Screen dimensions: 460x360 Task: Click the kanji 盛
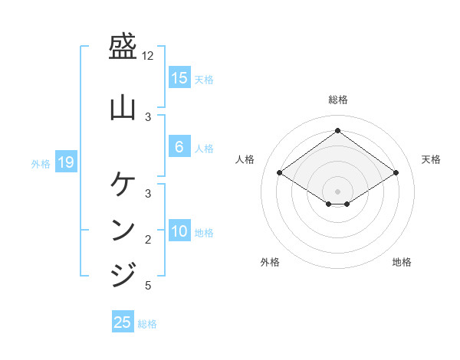(x=123, y=50)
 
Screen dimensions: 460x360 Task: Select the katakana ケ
(x=123, y=184)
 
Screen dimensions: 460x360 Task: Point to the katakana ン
(x=123, y=229)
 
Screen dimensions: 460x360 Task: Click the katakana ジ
(x=123, y=273)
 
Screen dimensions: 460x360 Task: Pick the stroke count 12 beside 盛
(x=148, y=57)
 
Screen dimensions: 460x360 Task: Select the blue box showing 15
(x=179, y=78)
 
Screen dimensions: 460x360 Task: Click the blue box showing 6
(x=179, y=147)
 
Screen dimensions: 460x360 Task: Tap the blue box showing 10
(x=179, y=232)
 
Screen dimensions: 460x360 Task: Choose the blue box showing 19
(x=65, y=162)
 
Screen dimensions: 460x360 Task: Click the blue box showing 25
(x=123, y=322)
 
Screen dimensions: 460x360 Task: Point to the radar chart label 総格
(x=338, y=100)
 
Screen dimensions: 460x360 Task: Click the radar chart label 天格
(x=431, y=159)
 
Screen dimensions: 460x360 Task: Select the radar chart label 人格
(x=245, y=159)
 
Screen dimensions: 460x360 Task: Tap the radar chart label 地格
(x=402, y=262)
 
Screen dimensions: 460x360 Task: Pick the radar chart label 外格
(x=270, y=262)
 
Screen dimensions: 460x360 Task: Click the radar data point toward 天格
(x=396, y=173)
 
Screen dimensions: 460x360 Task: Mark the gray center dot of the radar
(x=338, y=191)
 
